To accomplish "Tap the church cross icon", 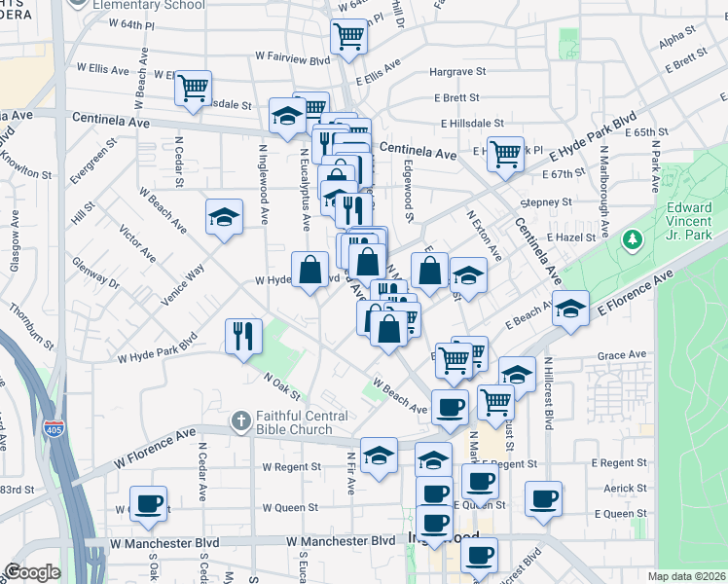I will tap(240, 421).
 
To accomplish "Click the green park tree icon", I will tap(632, 237).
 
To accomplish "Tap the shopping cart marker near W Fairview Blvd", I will tap(348, 38).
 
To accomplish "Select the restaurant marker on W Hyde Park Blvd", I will tap(242, 336).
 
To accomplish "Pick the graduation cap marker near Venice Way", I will tap(224, 217).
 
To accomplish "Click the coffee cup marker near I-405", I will tap(148, 503).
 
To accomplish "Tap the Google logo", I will tap(32, 572).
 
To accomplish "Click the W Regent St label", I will tap(291, 466).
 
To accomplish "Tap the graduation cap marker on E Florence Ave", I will tap(570, 308).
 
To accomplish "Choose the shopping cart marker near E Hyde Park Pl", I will tap(504, 152).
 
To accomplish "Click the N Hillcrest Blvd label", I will tap(549, 393).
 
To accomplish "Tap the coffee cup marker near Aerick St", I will tap(543, 498).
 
